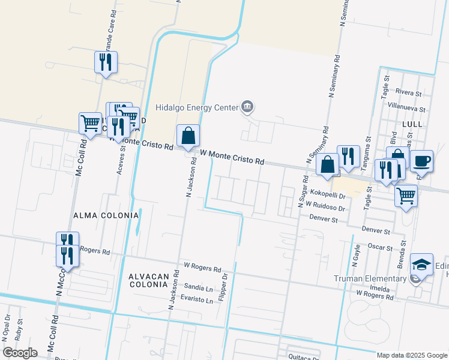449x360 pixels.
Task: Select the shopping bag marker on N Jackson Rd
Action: pos(188,137)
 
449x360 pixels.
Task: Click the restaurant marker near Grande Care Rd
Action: pos(106,62)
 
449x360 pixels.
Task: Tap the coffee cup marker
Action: pos(421,161)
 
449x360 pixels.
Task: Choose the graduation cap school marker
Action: pos(421,264)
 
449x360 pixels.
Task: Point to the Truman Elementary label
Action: pos(371,278)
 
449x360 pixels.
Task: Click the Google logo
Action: pos(20,352)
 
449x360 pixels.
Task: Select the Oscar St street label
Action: pos(380,247)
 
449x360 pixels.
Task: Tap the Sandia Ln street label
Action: pos(198,288)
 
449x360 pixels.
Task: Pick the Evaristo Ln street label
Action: pos(198,300)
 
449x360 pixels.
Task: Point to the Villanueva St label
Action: pos(406,105)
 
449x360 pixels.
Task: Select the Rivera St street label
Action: pos(411,92)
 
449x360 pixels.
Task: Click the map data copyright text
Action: pos(412,355)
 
